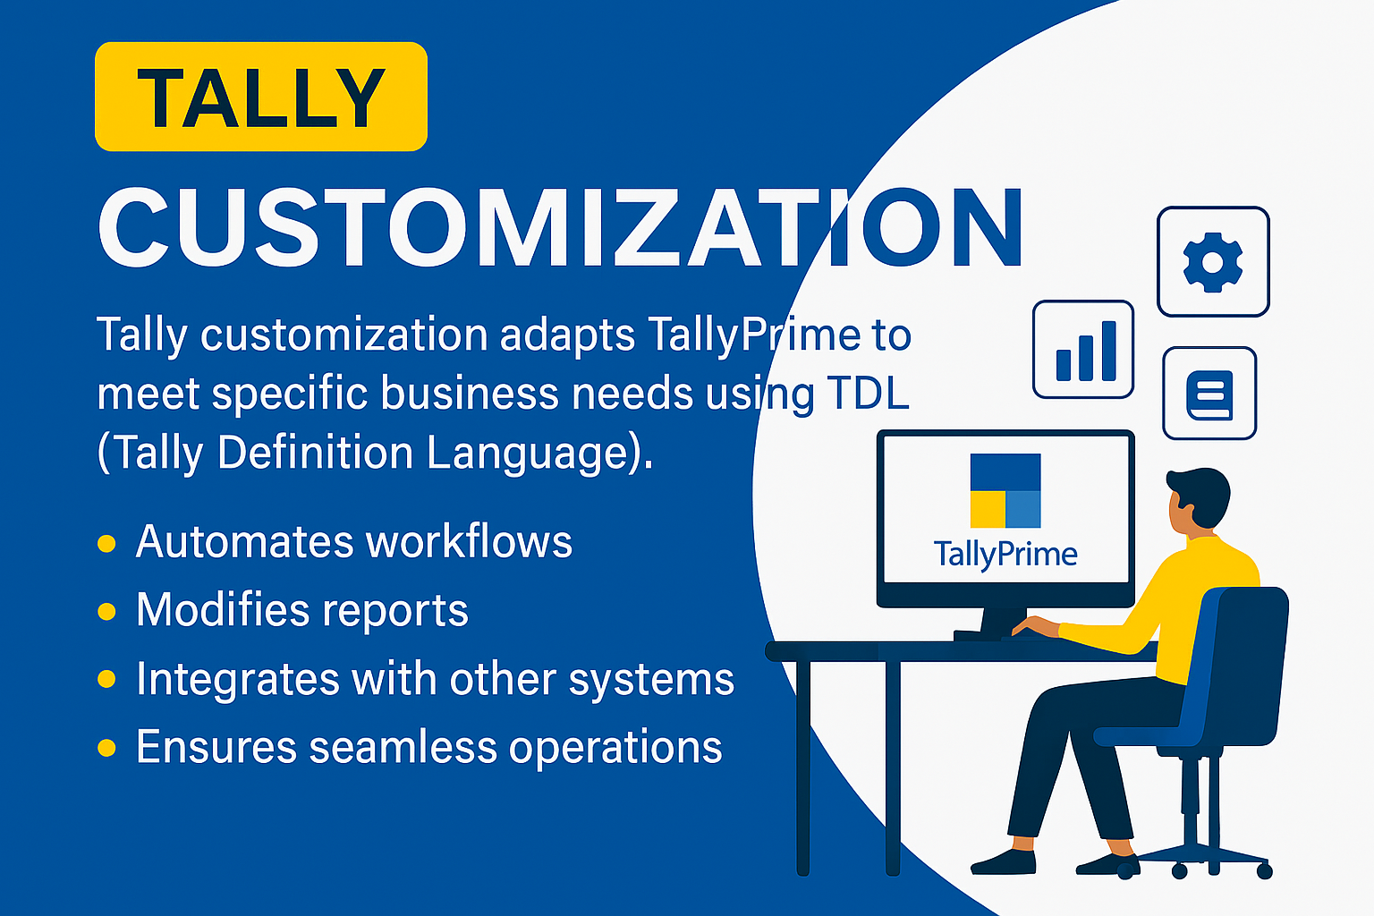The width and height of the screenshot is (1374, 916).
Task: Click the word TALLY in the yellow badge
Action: click(261, 98)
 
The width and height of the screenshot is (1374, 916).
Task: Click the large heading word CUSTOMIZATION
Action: click(560, 227)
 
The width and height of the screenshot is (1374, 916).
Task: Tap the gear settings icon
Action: click(1213, 262)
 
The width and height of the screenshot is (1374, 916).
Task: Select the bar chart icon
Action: click(1083, 349)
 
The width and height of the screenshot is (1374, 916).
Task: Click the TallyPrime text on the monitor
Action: click(1005, 555)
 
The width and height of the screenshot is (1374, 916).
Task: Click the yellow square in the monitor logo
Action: click(988, 509)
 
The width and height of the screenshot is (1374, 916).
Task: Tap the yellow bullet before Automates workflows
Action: click(106, 544)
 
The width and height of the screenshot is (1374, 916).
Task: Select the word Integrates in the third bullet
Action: click(238, 679)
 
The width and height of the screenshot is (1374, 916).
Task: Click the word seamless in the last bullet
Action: click(403, 747)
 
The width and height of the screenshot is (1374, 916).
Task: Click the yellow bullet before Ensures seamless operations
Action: click(106, 748)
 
